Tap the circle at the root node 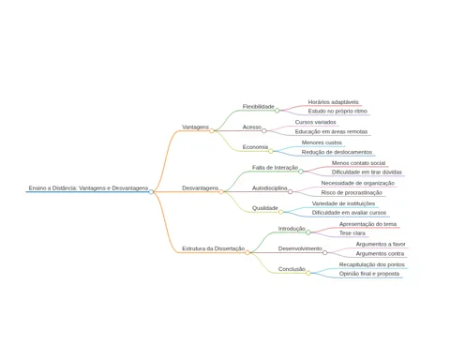(151, 192)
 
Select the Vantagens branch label (195, 127)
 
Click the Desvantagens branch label (201, 188)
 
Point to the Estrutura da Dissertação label (214, 248)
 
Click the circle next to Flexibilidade (277, 111)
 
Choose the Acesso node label (252, 127)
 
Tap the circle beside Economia (271, 151)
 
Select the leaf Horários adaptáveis (334, 102)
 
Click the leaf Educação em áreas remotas (331, 132)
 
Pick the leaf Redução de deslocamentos (337, 152)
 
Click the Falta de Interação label (275, 168)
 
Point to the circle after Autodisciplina (290, 192)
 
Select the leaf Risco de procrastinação (352, 193)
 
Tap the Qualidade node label (265, 208)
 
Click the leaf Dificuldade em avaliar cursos (349, 213)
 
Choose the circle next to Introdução (308, 232)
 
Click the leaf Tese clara (352, 233)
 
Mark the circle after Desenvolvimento (324, 252)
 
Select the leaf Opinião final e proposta (369, 274)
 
